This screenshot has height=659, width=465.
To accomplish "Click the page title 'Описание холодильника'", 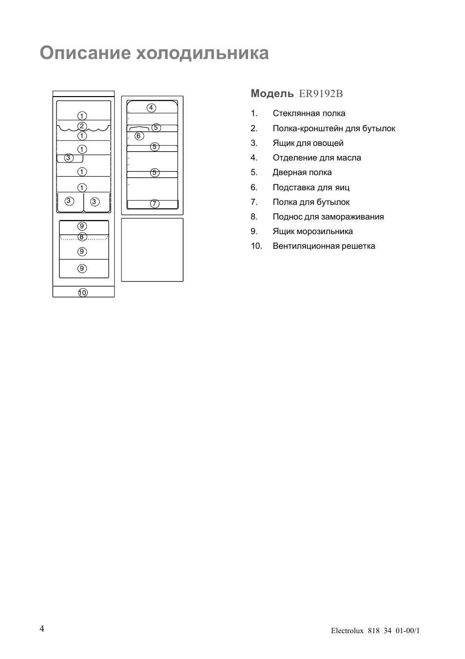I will [154, 53].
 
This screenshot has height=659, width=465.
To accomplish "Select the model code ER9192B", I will [321, 93].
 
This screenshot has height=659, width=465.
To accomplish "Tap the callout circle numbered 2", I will [82, 126].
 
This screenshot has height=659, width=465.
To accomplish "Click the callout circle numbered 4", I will [151, 108].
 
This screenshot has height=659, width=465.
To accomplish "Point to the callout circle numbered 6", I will [139, 136].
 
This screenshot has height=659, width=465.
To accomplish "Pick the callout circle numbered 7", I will [155, 204].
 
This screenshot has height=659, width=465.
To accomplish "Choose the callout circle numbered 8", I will [82, 237].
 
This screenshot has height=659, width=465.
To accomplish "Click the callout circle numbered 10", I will [82, 293].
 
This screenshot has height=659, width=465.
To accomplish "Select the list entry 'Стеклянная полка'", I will [309, 114].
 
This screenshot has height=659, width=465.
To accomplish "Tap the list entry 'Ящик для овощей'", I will [308, 143].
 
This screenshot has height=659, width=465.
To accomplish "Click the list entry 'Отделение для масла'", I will [317, 158].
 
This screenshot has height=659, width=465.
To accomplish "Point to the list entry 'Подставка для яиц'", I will [311, 187].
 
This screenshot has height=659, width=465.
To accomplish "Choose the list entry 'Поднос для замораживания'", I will [328, 217].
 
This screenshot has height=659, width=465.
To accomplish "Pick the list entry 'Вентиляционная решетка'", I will [324, 246].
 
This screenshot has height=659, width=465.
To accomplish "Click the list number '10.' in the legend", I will [256, 246].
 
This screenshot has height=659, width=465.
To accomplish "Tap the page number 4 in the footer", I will [42, 628].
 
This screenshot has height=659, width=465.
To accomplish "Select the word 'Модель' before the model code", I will [272, 93].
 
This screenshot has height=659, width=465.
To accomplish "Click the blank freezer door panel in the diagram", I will [152, 250].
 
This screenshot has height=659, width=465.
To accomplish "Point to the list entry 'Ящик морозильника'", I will [312, 231].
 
